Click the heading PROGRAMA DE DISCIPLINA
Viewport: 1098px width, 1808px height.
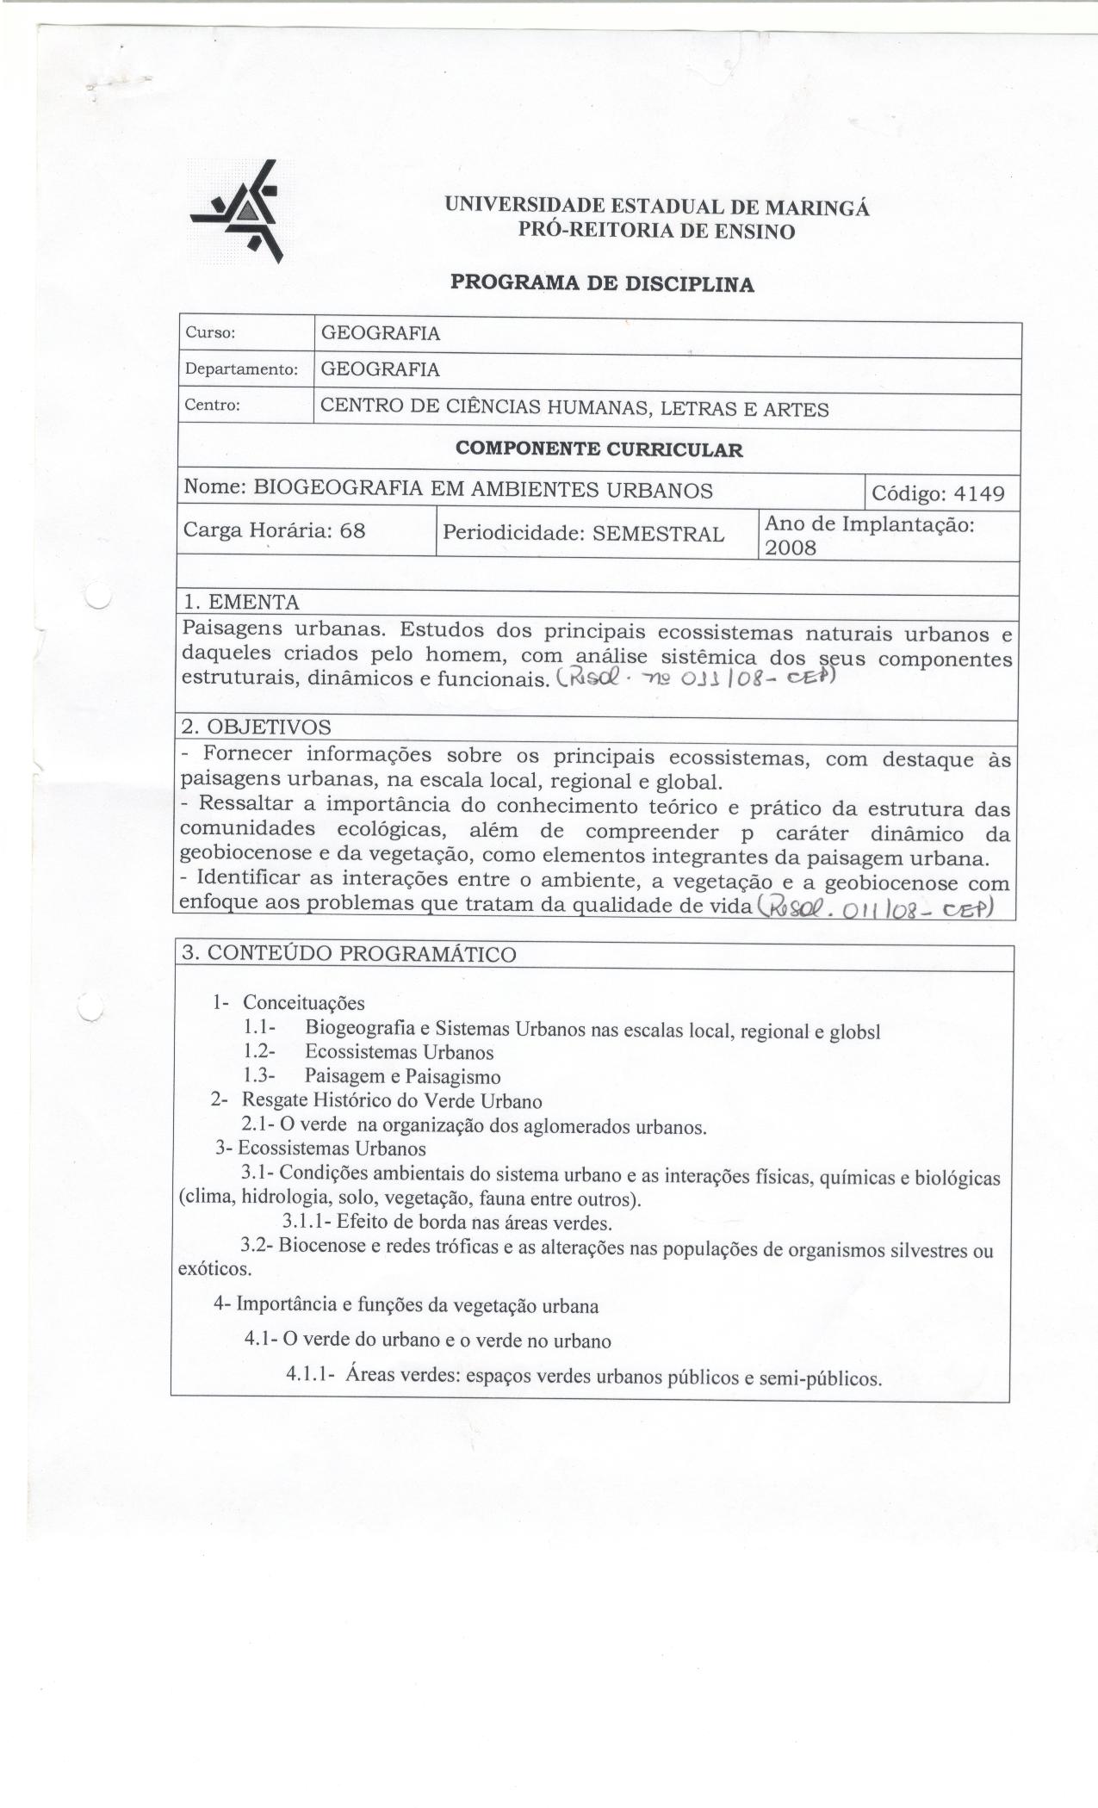coord(602,283)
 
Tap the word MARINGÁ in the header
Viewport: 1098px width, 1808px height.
coord(817,207)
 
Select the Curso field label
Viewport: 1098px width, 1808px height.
coord(210,333)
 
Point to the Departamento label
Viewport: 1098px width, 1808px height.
coord(240,369)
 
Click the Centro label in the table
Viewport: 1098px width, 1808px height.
coord(212,406)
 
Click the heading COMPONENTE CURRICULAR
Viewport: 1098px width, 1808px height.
coord(599,449)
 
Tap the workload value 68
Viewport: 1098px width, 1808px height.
coord(352,530)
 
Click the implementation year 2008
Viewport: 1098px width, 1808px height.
coord(791,547)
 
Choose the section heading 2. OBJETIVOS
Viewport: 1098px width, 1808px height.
coord(256,727)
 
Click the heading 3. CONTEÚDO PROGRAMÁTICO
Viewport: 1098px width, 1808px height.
coord(349,954)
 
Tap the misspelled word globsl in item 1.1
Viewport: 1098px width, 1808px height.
coord(854,1031)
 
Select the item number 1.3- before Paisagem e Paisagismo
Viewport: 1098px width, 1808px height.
coord(258,1075)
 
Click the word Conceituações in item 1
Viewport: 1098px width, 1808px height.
coord(304,1003)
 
